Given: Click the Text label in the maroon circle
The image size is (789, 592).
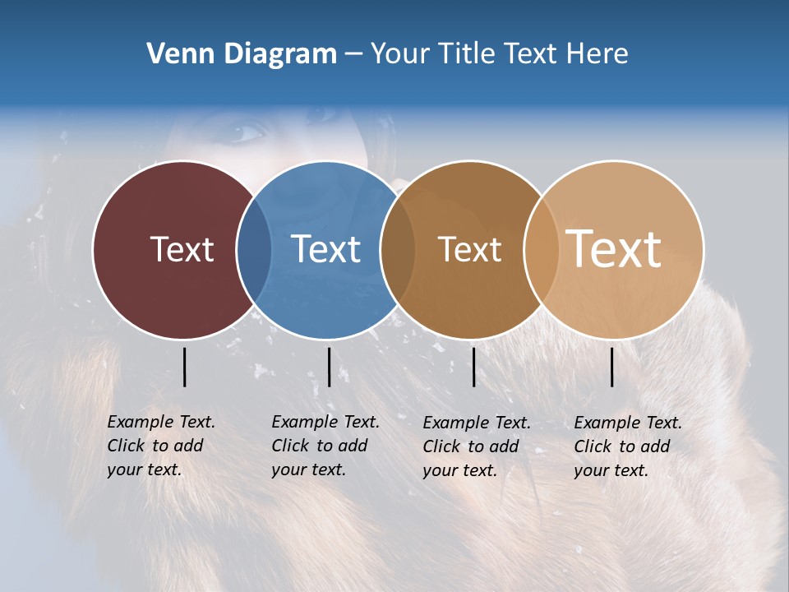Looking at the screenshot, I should [182, 249].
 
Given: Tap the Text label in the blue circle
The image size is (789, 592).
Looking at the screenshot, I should [325, 249].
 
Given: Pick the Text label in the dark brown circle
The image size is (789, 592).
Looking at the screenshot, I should [469, 249].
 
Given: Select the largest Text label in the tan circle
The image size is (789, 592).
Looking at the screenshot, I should [614, 248].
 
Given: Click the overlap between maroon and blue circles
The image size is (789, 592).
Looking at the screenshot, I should [254, 250].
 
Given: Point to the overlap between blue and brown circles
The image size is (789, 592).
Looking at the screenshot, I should [398, 250].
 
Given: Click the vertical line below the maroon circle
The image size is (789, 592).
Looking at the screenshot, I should [184, 367].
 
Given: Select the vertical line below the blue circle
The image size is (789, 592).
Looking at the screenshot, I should [329, 367].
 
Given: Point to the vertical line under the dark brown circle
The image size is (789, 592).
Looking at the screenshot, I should [473, 367].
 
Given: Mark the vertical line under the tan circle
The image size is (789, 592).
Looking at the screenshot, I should [612, 367].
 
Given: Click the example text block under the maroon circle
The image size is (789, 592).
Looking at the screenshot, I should [161, 446].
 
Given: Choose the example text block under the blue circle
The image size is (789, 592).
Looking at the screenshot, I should [325, 446].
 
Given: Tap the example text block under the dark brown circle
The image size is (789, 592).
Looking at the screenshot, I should [477, 446].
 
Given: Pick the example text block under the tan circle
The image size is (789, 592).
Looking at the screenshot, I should [628, 446].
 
